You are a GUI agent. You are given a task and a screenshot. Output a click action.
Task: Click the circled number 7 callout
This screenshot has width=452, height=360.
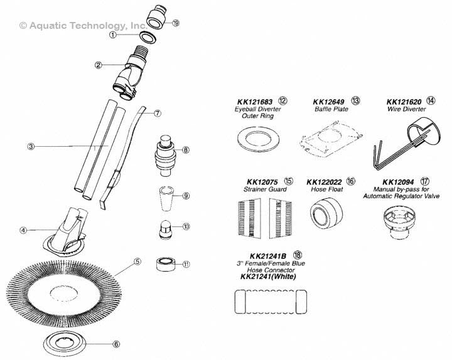coord(158,114)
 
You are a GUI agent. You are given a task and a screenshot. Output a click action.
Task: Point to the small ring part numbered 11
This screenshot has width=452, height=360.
coord(166,262)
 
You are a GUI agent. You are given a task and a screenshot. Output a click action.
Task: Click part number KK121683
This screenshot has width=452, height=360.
coord(256,100)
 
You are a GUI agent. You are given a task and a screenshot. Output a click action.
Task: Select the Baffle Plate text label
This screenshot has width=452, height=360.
coord(329,108)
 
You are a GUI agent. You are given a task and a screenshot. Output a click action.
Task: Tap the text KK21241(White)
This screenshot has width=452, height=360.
coord(272,276)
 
